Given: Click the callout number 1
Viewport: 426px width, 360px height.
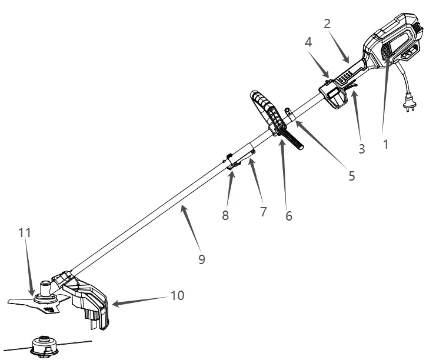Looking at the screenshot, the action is click(x=386, y=144).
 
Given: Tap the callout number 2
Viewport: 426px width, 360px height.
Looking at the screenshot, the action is click(x=327, y=24).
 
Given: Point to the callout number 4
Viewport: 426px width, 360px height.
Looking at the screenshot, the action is click(x=308, y=42).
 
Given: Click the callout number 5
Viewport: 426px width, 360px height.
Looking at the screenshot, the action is click(x=352, y=176).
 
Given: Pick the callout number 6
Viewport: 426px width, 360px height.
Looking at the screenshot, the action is click(x=289, y=216).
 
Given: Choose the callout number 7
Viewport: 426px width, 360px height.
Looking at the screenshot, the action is click(x=263, y=212).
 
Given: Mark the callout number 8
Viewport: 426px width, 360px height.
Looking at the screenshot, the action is click(x=225, y=215).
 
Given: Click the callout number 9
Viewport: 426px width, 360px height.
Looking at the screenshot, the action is click(x=202, y=259).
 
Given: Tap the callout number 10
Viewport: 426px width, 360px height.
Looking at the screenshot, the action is click(x=178, y=295).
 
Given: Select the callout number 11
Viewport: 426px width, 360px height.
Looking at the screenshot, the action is click(x=25, y=233).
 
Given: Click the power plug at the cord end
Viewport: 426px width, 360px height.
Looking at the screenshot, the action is click(x=410, y=102).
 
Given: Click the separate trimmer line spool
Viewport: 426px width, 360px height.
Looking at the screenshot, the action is click(x=45, y=345).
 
